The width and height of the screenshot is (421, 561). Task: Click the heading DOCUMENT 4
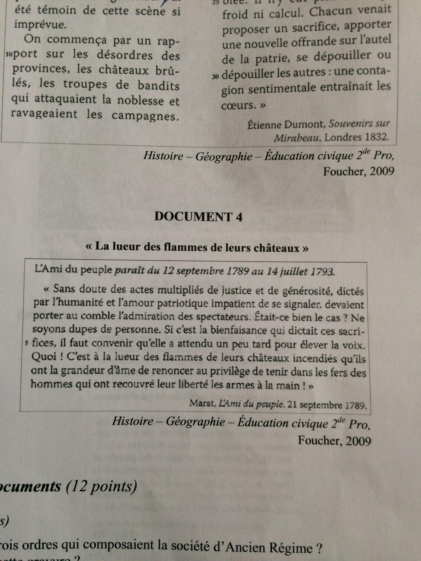pyautogui.click(x=198, y=217)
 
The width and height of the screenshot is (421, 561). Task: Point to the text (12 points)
pyautogui.click(x=101, y=488)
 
